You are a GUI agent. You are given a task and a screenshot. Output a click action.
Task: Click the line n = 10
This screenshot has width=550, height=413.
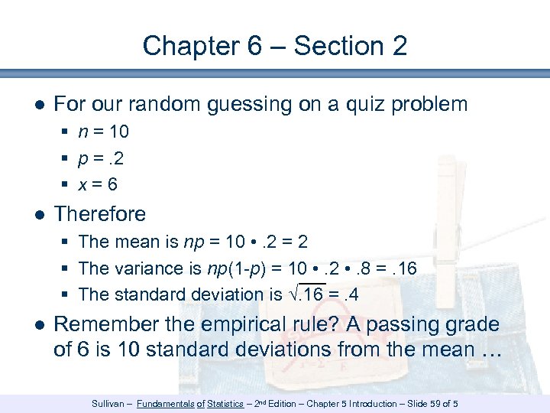[x=104, y=132]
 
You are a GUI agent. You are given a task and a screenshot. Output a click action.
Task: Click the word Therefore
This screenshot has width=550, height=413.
[x=100, y=213]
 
